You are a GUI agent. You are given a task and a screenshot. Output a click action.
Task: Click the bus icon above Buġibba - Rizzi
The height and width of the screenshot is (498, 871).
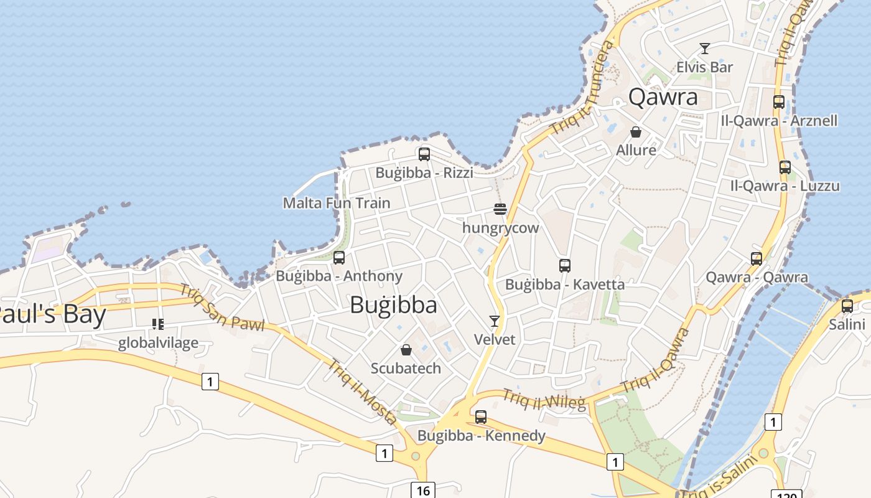[x=424, y=154]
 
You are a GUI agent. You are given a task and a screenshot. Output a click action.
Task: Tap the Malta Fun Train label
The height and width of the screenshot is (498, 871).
[x=337, y=203]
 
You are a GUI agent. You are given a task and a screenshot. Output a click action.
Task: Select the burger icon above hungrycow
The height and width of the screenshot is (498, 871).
[x=500, y=209]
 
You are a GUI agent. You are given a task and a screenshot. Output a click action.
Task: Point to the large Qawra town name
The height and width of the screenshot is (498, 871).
[x=663, y=97]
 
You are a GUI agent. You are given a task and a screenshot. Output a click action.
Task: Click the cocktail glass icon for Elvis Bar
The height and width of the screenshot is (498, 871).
[x=705, y=49]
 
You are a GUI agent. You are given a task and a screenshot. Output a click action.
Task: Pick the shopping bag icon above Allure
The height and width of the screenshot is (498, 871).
[x=636, y=132]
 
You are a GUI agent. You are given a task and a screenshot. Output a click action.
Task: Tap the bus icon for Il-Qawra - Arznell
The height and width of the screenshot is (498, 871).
[x=779, y=102]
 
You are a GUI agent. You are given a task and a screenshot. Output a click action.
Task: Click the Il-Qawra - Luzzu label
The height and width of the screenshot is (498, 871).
[x=785, y=186]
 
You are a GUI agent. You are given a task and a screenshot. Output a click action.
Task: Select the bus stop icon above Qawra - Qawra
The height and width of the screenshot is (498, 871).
[x=757, y=259]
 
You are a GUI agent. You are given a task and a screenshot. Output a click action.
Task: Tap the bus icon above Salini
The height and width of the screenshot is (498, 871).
[x=847, y=306]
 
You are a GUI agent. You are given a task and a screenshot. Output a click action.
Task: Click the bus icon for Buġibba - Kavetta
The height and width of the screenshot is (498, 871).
[x=565, y=266]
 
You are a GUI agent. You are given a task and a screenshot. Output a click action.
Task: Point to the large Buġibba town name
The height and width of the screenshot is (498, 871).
[x=393, y=305]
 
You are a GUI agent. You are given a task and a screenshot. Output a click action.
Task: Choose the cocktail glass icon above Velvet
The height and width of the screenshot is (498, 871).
[x=495, y=321]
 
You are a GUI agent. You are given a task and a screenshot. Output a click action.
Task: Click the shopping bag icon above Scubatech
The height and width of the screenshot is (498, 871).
[x=406, y=350]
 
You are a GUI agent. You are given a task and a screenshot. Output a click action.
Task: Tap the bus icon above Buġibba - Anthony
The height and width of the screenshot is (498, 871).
[x=339, y=258]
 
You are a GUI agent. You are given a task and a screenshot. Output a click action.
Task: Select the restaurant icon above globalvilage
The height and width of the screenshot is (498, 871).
[x=158, y=324]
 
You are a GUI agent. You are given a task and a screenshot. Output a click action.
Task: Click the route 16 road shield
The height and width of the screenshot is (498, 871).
[x=423, y=491]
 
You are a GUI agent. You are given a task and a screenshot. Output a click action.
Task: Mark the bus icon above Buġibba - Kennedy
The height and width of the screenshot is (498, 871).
[x=481, y=417]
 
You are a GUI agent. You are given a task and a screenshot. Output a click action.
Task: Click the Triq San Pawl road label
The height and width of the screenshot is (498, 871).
[x=222, y=308]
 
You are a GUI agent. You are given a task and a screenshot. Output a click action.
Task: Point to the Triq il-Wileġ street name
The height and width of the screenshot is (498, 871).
[x=544, y=400]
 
